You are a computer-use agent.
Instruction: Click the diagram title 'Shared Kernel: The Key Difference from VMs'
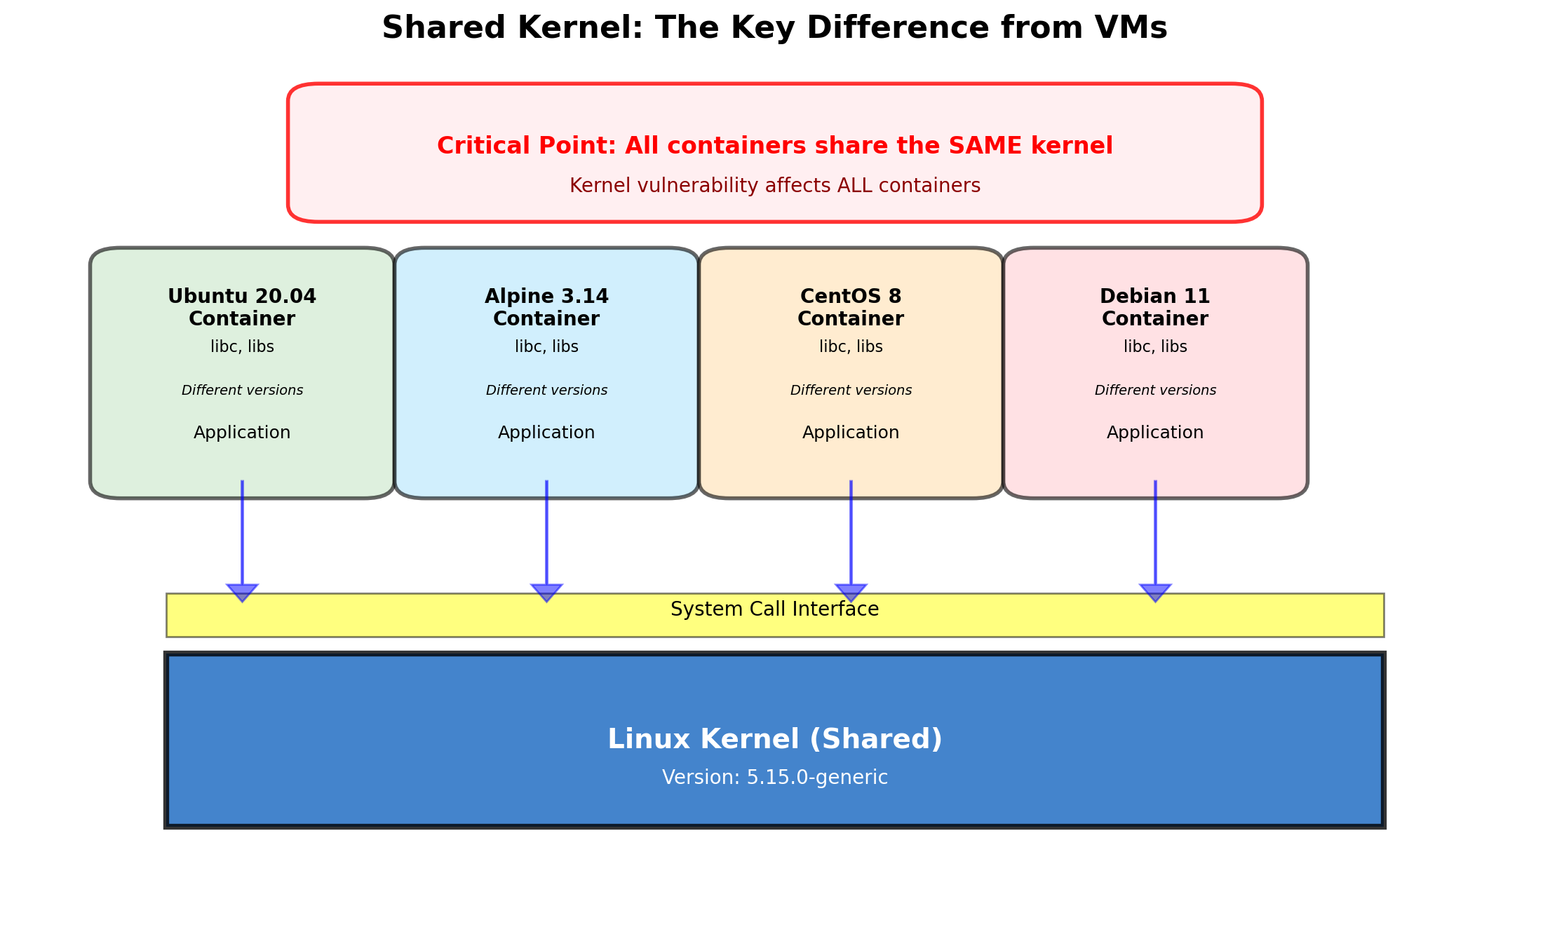774,29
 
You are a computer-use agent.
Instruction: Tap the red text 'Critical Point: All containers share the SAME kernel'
774,146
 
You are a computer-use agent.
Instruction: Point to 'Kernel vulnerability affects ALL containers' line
774,186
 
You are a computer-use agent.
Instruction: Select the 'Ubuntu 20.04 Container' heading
242,307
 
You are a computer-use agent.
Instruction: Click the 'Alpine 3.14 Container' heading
546,307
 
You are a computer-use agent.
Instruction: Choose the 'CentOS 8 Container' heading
851,307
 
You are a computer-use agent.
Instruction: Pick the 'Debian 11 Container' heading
1155,307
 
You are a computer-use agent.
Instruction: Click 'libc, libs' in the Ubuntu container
242,347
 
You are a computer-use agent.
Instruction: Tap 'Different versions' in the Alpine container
546,391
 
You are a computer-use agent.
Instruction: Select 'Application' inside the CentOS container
851,433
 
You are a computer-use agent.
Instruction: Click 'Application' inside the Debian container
1155,433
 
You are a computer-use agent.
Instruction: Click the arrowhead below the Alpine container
546,592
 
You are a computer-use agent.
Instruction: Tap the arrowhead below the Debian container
1155,592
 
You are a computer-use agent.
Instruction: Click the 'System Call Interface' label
774,609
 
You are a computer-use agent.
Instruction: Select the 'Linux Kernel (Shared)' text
774,739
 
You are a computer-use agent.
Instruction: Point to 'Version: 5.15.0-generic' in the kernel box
774,778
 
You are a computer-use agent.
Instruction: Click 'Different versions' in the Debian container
1155,391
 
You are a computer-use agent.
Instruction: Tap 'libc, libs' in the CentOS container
851,347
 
